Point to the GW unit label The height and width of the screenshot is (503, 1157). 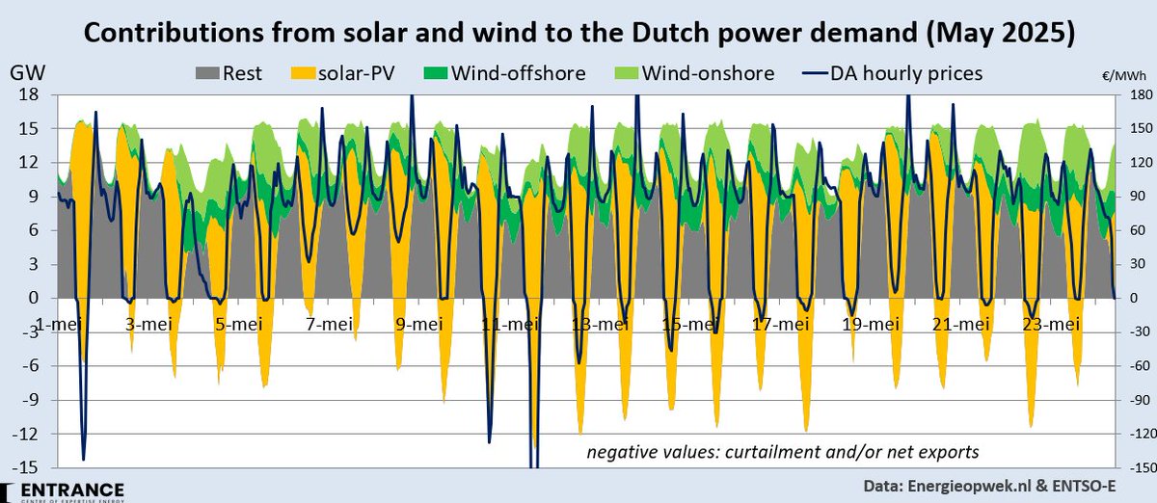pyautogui.click(x=24, y=73)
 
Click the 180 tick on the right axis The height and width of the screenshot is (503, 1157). pyautogui.click(x=1132, y=94)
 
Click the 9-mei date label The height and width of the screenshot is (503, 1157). pyautogui.click(x=418, y=324)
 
